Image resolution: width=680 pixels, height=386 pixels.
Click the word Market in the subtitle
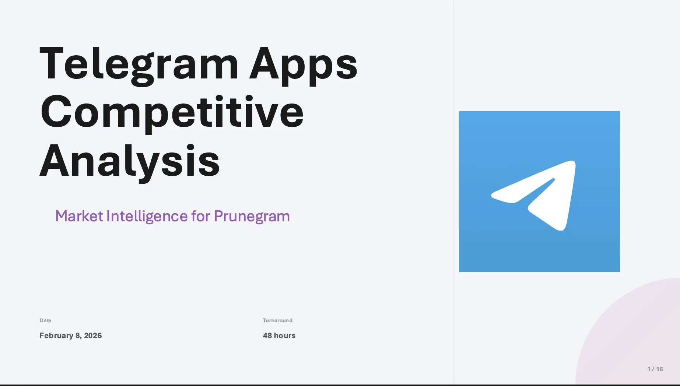click(79, 216)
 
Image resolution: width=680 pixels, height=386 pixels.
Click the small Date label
click(45, 320)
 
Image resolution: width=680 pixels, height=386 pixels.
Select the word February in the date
click(56, 336)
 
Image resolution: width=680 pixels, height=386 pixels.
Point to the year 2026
click(93, 336)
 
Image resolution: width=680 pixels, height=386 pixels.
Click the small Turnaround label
click(277, 320)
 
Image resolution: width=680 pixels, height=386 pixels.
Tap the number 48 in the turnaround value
click(267, 336)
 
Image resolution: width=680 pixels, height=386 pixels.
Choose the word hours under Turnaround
click(284, 336)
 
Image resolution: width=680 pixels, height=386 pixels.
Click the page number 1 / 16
click(655, 369)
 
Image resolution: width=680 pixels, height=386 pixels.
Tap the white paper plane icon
click(533, 196)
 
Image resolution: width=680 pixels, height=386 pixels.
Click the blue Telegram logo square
click(539, 192)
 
